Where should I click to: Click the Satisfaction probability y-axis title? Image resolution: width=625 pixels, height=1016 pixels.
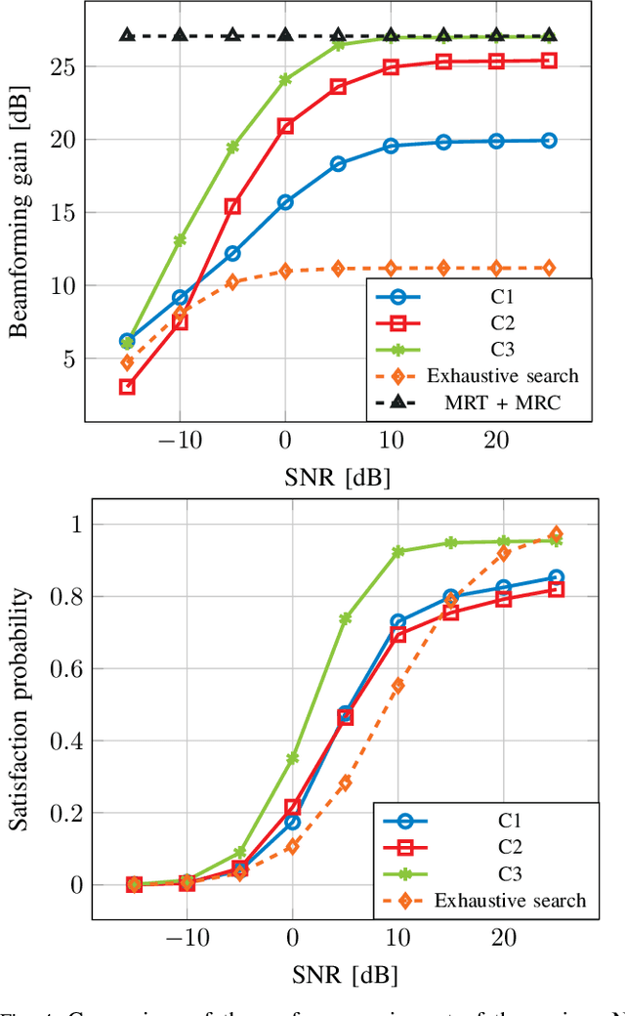point(19,703)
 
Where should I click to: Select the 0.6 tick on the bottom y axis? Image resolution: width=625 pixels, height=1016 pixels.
point(64,668)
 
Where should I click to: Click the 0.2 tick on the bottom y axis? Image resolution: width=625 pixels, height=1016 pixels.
point(64,813)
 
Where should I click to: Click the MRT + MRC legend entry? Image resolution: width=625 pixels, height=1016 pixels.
point(480,402)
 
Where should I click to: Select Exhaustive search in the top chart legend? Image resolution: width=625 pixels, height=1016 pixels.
point(480,375)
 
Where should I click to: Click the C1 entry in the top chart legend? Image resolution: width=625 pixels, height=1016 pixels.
point(480,297)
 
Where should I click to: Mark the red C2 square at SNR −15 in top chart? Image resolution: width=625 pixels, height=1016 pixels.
point(127,387)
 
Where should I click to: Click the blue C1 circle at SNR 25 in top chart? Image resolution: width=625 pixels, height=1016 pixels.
point(549,141)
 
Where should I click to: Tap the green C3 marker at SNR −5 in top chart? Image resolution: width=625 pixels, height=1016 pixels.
point(232,148)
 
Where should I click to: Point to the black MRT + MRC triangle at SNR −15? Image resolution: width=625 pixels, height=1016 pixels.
point(127,35)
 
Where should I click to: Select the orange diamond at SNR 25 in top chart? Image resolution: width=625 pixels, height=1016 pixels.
point(549,268)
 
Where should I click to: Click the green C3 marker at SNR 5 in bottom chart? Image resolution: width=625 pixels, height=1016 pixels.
point(345,618)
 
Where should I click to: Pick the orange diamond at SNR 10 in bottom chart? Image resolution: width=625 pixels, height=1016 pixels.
point(397,686)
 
